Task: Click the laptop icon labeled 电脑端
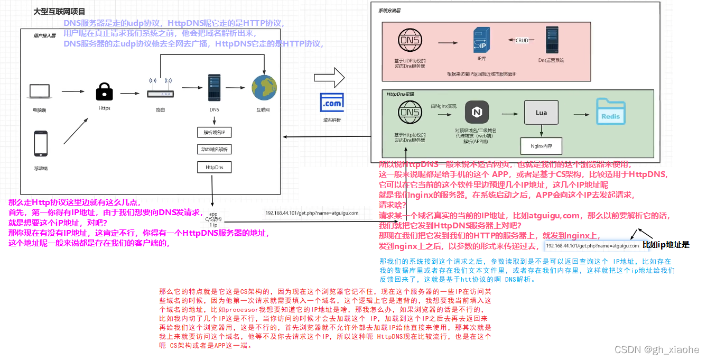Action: [40, 91]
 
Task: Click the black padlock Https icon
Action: [104, 92]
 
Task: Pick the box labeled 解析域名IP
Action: [214, 132]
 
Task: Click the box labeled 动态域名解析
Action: [214, 150]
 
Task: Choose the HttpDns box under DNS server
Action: [214, 167]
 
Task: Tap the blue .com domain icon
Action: [332, 103]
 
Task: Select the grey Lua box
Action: [541, 113]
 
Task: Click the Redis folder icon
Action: [611, 112]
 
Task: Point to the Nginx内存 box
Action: [542, 145]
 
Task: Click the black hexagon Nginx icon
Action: [477, 113]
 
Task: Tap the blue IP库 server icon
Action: [481, 41]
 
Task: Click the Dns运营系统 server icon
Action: [552, 40]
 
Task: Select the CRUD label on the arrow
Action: [521, 40]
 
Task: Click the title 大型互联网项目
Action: [59, 11]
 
